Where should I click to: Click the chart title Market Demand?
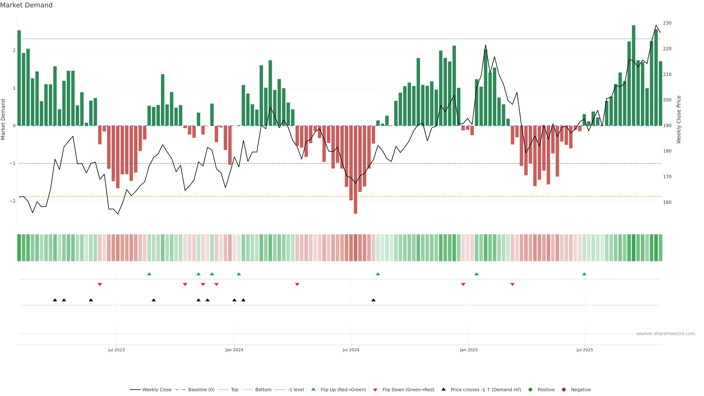[26, 5]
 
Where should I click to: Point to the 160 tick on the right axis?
[667, 202]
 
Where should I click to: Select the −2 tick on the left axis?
[12, 201]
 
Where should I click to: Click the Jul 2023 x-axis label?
[116, 350]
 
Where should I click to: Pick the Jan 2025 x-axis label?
[469, 350]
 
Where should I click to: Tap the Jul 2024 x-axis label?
[351, 350]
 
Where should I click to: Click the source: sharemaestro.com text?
[665, 334]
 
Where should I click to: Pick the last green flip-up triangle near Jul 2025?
[584, 274]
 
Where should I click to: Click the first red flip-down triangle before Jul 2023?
[100, 285]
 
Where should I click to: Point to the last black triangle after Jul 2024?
[373, 300]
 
